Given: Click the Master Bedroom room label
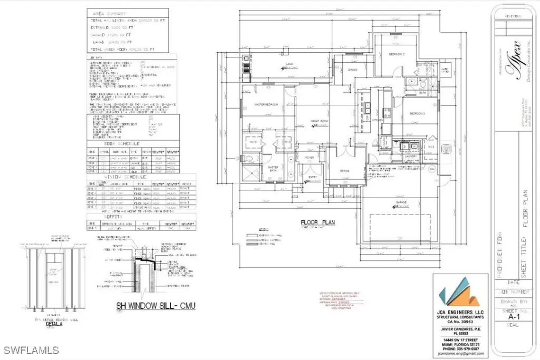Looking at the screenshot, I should [266, 104].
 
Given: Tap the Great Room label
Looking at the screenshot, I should [320, 121].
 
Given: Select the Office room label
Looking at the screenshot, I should [344, 171].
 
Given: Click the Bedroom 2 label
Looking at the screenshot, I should [397, 54].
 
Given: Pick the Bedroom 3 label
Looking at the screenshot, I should [417, 113].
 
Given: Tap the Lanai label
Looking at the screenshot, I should [289, 64].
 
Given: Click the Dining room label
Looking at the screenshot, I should [353, 69].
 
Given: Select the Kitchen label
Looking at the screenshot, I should [377, 121].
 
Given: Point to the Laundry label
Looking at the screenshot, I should [411, 156].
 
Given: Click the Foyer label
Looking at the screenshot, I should [310, 157].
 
